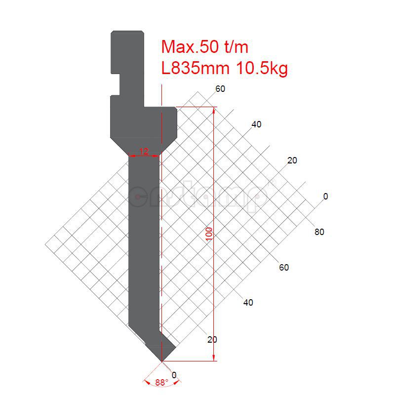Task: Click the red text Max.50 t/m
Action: tap(205, 47)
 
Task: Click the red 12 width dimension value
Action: tap(144, 151)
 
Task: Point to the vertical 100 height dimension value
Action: tap(209, 233)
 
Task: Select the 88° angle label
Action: tap(161, 383)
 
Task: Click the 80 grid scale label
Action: tap(319, 232)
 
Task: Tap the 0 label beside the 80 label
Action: tap(325, 197)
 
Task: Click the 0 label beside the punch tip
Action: tap(173, 374)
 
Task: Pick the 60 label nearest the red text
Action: tap(220, 89)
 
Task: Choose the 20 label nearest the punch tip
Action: tap(212, 340)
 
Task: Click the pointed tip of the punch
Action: tap(161, 360)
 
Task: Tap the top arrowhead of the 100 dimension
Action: tap(214, 110)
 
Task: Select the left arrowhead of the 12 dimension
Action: tap(131, 156)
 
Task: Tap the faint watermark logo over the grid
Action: tap(200, 197)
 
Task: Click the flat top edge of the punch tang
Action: tap(127, 31)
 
